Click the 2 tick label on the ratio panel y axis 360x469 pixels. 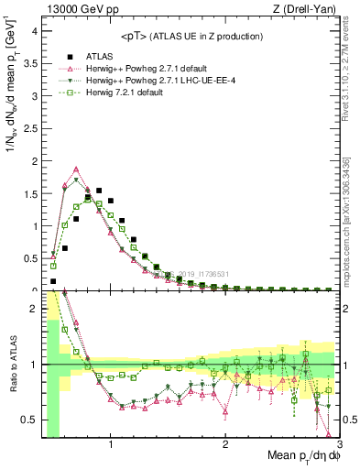(x=33, y=309)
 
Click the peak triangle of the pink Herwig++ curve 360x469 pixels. (x=76, y=169)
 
